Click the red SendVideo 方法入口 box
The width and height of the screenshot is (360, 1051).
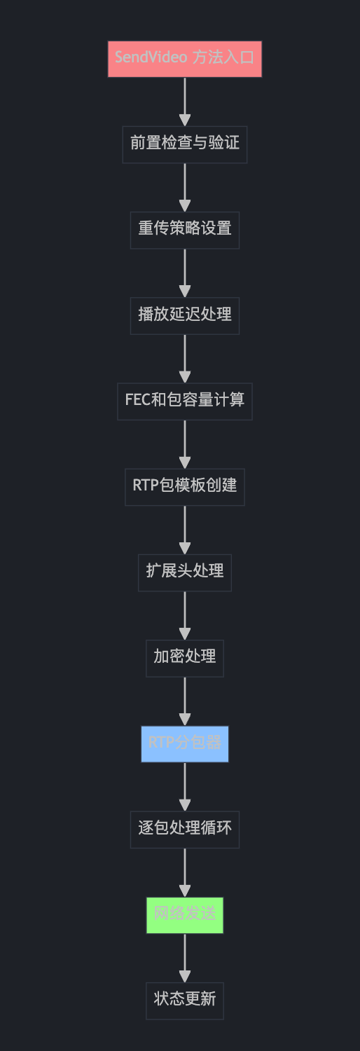tap(184, 58)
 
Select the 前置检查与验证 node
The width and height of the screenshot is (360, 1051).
tap(184, 144)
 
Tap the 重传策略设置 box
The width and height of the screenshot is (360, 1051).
tap(184, 230)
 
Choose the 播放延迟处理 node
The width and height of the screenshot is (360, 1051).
tap(184, 315)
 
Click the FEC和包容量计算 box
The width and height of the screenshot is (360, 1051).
tap(184, 401)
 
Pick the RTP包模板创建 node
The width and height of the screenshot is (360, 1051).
tap(184, 486)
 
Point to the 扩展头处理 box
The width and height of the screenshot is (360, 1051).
tap(184, 572)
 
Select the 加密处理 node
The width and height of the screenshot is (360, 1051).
tap(184, 658)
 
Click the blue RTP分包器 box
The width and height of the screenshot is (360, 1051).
tap(184, 743)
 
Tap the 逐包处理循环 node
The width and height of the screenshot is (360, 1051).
tap(184, 829)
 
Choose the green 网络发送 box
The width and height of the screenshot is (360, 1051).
tap(184, 915)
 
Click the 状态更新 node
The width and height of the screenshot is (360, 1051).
tap(184, 1001)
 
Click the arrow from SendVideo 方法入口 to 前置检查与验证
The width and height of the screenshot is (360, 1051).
tap(184, 101)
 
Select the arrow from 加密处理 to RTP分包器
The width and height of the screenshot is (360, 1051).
tap(184, 701)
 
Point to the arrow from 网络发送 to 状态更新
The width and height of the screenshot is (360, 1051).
tap(184, 958)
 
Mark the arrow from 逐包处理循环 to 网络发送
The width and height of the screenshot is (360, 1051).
tap(184, 872)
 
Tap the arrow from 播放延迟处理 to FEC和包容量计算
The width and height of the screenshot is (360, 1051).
tap(184, 358)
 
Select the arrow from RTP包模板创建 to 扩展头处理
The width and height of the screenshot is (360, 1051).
tap(184, 529)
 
